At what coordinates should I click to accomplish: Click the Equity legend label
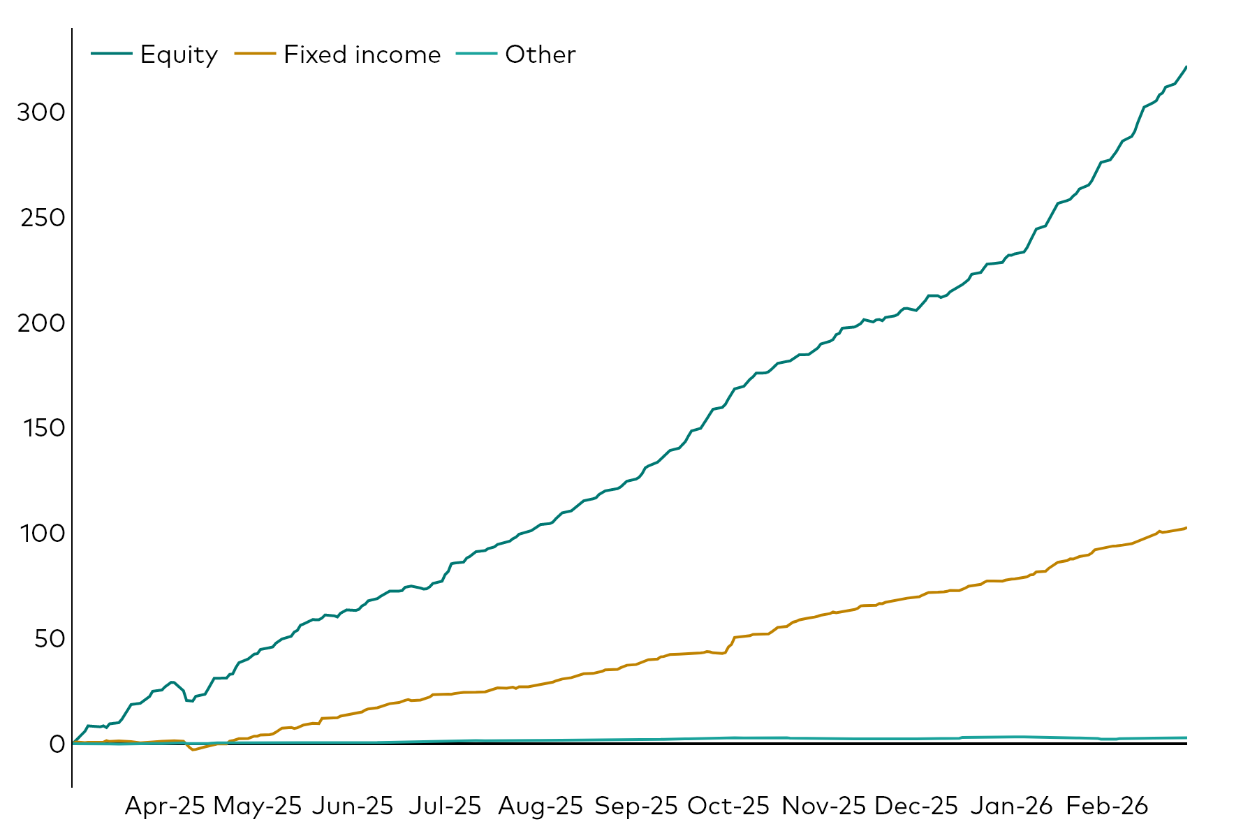[179, 55]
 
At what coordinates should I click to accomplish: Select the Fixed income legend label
[362, 55]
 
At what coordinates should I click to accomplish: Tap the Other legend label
[540, 55]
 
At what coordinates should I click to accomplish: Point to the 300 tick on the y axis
[41, 112]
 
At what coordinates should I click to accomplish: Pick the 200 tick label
[41, 323]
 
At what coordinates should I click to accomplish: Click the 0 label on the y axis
[57, 744]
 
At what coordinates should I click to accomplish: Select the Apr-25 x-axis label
[165, 807]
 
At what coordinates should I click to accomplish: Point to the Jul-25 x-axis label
[445, 807]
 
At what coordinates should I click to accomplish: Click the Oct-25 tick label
[728, 807]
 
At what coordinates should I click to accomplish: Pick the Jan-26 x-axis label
[1011, 807]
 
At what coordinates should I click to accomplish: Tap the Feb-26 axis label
[1107, 807]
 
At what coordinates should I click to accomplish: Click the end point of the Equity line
[1186, 67]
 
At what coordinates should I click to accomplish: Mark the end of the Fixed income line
[1186, 528]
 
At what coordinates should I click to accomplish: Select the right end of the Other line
[1186, 737]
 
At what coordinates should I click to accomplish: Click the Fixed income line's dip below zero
[193, 749]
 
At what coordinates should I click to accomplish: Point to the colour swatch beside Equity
[112, 54]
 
